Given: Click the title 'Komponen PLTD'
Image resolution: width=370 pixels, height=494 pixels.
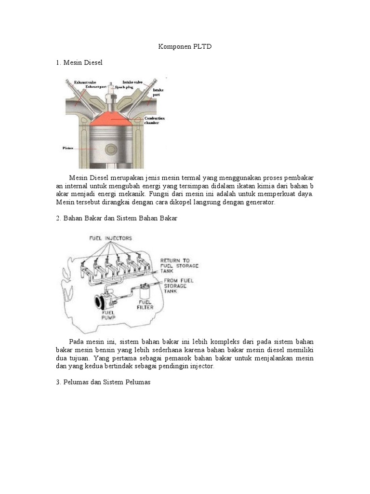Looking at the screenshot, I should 185,47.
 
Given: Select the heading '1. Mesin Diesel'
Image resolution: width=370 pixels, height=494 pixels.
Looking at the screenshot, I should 79,63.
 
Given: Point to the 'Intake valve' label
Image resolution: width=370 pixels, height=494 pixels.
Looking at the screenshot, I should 133,82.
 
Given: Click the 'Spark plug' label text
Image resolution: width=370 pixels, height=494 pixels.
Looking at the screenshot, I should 123,87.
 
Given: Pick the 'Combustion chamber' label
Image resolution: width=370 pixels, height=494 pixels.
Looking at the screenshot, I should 155,120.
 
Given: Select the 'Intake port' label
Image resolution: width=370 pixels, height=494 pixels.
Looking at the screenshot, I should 158,93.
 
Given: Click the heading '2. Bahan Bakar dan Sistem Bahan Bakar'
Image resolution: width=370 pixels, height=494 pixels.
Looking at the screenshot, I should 117,218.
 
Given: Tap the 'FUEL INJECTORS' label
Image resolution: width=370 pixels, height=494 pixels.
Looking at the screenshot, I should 110,238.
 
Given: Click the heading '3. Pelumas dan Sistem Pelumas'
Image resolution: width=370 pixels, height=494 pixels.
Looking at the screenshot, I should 104,382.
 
